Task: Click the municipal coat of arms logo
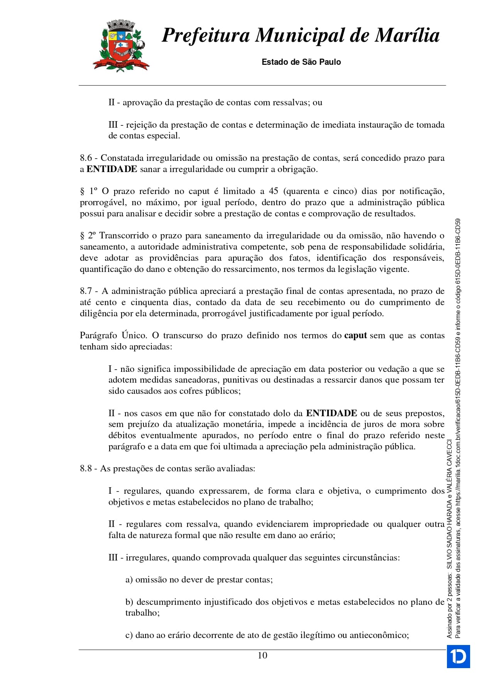pos(121,46)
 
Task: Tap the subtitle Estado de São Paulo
pos(301,62)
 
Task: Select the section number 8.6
pos(86,158)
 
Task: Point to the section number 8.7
pos(86,291)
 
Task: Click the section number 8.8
pos(86,469)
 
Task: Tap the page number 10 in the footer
pos(262,655)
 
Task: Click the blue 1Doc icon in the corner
pos(458,657)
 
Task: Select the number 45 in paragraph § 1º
pos(273,191)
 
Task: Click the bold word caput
pos(355,336)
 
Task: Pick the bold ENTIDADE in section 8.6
pos(112,169)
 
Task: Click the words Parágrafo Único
pos(113,336)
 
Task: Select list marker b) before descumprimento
pos(129,602)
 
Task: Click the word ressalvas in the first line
pos(285,103)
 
